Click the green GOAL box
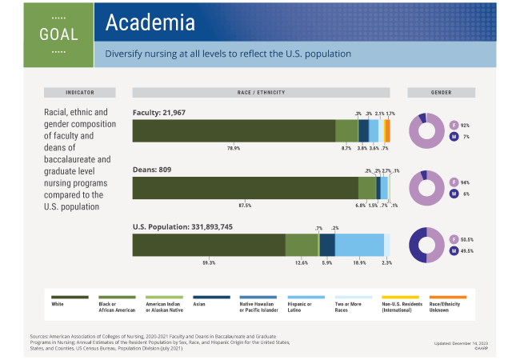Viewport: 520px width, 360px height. coord(58,34)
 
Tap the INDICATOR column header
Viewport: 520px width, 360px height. coord(80,92)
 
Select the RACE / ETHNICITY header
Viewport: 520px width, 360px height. coord(261,92)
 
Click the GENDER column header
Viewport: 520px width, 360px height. coord(441,92)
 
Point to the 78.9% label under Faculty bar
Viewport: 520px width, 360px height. coord(234,148)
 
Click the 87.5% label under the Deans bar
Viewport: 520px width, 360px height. coord(245,206)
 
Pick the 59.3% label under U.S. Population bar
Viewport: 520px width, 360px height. coord(209,262)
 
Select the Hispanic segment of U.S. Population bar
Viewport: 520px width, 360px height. coord(359,245)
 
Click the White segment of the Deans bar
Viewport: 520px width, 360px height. coord(245,188)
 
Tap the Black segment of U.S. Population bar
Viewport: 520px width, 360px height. coord(302,245)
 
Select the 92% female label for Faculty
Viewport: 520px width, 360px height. coord(465,125)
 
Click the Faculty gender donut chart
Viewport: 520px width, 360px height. coord(427,130)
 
